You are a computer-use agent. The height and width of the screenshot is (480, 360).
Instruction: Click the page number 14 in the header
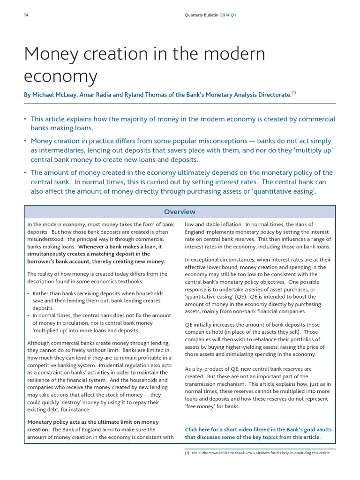26,15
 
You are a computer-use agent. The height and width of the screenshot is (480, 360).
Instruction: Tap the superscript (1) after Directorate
293,92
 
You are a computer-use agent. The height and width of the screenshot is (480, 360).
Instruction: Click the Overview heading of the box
180,212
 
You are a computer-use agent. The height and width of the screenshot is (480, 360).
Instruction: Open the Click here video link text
201,429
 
